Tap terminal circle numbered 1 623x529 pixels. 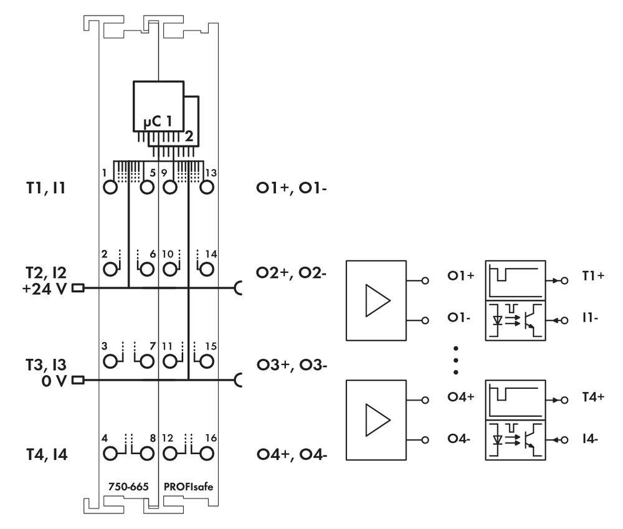click(110, 188)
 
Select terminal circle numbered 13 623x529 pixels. click(206, 188)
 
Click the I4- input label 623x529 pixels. click(590, 439)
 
